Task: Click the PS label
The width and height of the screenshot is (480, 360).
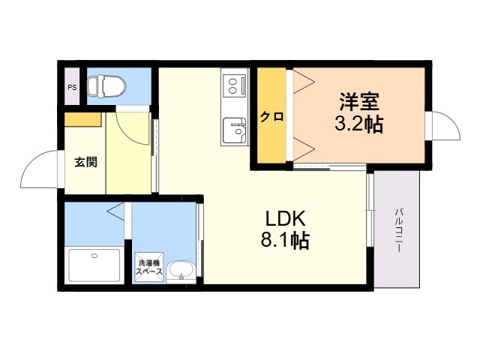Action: [x=72, y=88]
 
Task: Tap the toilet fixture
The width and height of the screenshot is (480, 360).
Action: [x=106, y=87]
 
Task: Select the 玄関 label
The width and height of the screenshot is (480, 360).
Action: [x=86, y=162]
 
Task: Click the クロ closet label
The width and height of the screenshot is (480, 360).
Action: [x=271, y=117]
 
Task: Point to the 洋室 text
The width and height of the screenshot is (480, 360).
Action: [x=359, y=102]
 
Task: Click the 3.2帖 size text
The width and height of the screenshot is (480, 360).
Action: [x=358, y=124]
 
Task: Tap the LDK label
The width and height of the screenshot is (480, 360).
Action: [x=285, y=218]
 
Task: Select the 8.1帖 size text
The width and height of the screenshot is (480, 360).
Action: [x=285, y=240]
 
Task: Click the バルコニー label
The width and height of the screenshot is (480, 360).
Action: [x=398, y=230]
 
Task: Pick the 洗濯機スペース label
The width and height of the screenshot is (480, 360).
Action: [x=149, y=267]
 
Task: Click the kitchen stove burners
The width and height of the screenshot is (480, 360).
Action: [x=233, y=86]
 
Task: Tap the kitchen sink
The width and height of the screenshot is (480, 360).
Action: [x=234, y=130]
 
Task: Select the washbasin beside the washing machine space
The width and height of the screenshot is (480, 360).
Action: [x=181, y=271]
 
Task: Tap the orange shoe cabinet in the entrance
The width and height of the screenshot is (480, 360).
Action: [x=82, y=119]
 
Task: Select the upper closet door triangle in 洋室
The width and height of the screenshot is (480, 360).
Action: [x=304, y=82]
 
